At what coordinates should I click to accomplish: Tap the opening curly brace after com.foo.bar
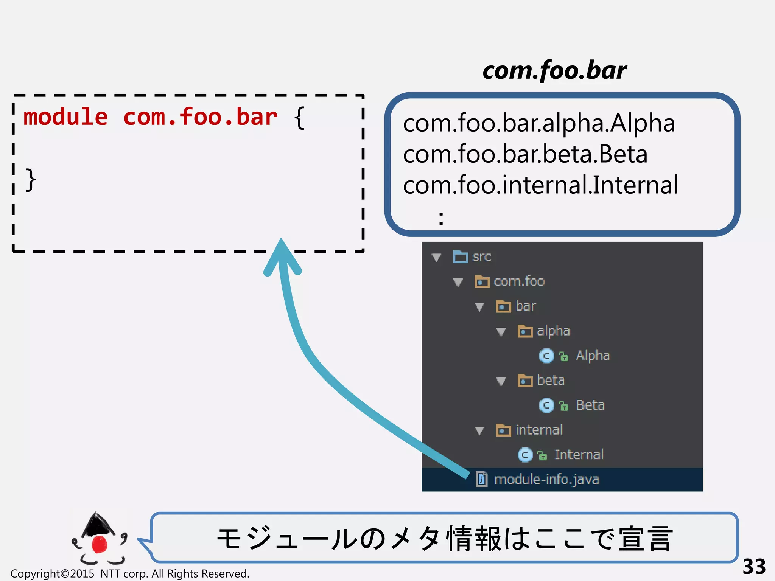[299, 118]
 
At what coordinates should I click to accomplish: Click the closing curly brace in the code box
[31, 180]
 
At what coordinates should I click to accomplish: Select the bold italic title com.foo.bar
[554, 71]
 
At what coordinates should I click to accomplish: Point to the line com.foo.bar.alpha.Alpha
[539, 123]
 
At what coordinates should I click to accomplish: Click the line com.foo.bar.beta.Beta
[525, 154]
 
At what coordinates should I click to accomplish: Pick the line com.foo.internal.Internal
[541, 185]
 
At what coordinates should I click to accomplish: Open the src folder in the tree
[481, 257]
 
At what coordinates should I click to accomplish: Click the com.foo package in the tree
[519, 281]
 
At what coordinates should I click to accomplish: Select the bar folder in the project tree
[525, 306]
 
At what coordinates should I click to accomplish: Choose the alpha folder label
[553, 331]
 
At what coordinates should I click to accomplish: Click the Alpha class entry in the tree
[592, 356]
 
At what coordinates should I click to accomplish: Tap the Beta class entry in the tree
[590, 405]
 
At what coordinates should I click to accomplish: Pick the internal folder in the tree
[538, 430]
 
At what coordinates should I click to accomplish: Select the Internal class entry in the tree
[579, 455]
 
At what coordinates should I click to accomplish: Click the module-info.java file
[546, 480]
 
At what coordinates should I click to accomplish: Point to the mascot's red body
[100, 544]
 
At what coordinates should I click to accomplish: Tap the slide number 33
[754, 567]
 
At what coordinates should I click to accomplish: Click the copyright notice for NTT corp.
[130, 573]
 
